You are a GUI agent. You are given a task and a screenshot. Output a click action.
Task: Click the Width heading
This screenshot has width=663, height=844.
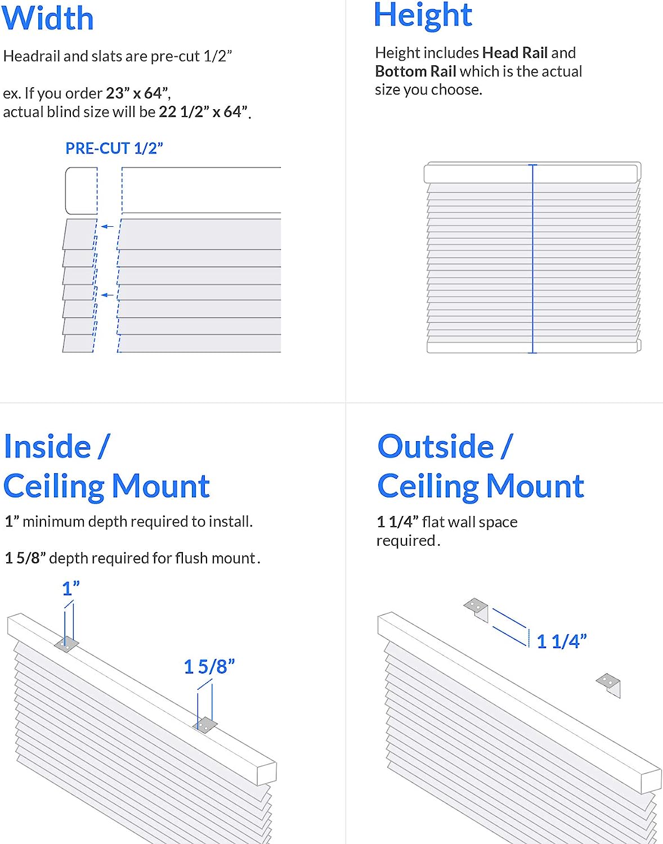tap(47, 18)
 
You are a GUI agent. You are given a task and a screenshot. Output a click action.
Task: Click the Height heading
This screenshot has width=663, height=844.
tap(423, 15)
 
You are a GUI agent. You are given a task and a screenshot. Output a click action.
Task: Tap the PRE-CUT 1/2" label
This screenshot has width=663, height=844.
tap(114, 149)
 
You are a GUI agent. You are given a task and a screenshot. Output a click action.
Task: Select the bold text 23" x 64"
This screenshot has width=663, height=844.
tap(137, 93)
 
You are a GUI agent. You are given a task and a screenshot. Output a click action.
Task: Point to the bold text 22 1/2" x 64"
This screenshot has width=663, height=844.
tap(203, 112)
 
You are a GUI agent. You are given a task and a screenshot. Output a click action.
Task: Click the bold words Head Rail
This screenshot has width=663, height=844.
tap(515, 53)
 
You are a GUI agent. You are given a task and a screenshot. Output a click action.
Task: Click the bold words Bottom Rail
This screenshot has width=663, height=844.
tap(415, 71)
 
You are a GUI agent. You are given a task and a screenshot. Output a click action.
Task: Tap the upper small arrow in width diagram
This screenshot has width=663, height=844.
tap(107, 226)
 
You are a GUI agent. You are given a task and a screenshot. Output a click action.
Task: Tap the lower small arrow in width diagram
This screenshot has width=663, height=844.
tap(107, 295)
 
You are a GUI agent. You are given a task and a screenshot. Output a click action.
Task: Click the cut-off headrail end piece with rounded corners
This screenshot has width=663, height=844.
tap(81, 191)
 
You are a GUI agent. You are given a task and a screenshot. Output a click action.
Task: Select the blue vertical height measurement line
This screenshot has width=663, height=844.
tap(532, 259)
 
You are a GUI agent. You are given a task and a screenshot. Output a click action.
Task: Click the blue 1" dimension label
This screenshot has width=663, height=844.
tap(70, 589)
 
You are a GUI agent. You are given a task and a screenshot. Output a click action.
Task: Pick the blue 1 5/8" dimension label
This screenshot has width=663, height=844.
tap(209, 667)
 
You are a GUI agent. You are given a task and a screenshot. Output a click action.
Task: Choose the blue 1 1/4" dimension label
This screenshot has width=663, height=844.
tap(561, 641)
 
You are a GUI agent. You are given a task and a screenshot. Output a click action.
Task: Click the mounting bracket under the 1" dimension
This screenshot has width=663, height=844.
tap(66, 644)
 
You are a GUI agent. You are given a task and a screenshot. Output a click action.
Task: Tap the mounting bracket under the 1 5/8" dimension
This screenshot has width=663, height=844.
tap(205, 725)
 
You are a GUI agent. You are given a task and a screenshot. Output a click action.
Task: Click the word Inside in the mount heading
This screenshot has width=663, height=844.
tap(47, 447)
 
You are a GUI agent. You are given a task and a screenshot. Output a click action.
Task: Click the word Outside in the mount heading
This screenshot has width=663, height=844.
tap(435, 447)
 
